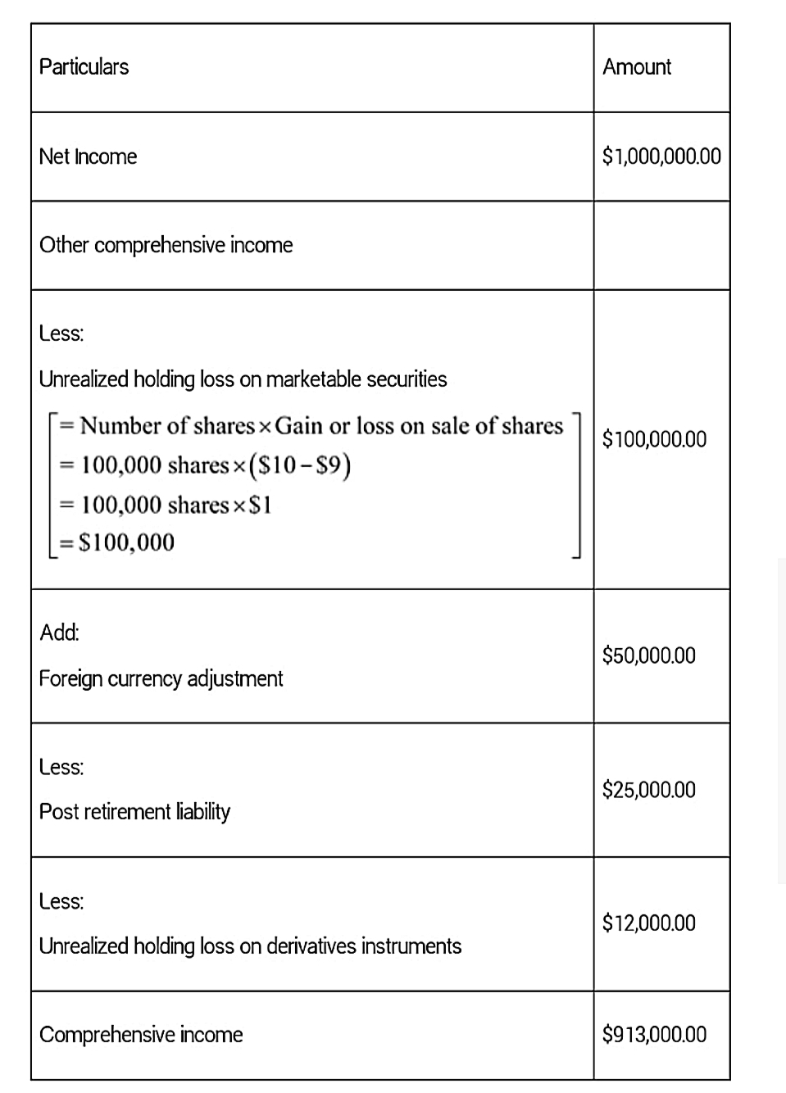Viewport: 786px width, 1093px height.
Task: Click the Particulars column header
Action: click(84, 66)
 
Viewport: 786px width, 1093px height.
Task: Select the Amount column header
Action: click(637, 66)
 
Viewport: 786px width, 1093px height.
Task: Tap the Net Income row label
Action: click(88, 156)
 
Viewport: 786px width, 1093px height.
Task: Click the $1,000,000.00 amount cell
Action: click(661, 156)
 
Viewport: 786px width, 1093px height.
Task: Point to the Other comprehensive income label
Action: click(166, 245)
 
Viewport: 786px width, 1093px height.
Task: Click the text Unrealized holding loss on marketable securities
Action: click(243, 379)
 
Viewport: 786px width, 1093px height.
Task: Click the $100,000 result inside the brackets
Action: click(126, 542)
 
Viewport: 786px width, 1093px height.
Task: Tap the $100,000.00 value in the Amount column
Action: click(654, 439)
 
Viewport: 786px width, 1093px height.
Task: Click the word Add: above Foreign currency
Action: click(59, 633)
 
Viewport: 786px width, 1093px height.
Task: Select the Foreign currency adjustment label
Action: click(161, 678)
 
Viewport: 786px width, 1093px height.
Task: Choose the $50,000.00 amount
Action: click(648, 655)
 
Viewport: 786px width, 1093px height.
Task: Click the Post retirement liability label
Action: click(134, 811)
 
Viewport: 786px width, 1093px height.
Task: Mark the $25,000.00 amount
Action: click(648, 790)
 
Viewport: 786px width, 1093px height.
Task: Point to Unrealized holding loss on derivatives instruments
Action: click(250, 946)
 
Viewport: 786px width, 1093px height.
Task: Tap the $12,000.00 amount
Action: click(648, 923)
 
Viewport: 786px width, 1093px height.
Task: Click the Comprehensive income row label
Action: click(141, 1034)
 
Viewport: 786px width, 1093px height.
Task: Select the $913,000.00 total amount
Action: click(654, 1034)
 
